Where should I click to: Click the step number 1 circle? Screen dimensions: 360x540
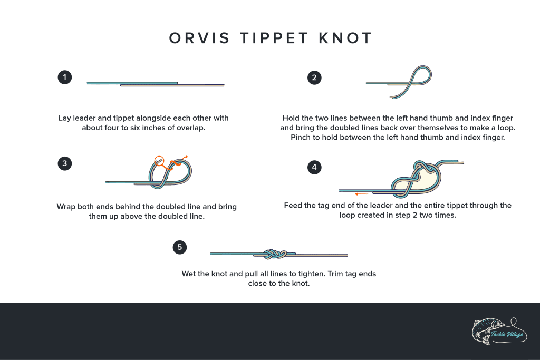coord(64,77)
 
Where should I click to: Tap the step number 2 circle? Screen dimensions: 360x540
coord(314,78)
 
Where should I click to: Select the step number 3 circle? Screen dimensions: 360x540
coord(64,163)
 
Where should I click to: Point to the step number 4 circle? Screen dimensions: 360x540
coord(314,168)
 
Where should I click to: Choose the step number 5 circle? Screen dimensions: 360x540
coord(180,247)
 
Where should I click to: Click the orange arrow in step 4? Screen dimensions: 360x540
coord(361,194)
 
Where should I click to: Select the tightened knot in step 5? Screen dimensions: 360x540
coord(274,254)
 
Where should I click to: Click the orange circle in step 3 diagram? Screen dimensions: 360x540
coord(159,161)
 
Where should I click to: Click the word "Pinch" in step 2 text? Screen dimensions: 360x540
coord(302,138)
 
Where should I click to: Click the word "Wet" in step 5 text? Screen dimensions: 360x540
coord(188,274)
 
